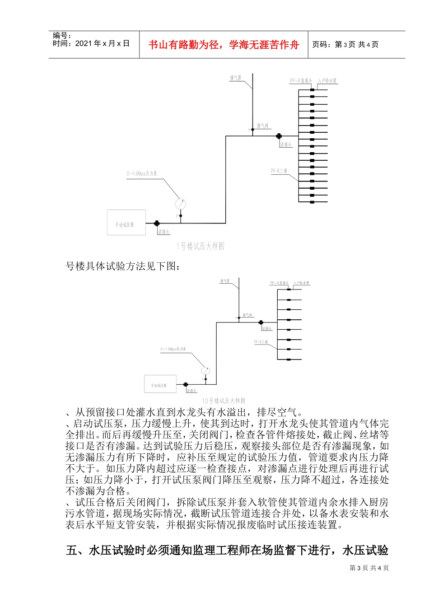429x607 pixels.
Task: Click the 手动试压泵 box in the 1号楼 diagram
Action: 126,223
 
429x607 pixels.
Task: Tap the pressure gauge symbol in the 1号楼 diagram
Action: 181,204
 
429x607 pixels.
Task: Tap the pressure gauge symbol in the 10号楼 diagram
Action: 205,371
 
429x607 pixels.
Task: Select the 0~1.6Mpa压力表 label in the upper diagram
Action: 142,173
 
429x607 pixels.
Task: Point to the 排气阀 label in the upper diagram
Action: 263,126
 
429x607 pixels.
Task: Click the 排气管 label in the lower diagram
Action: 225,281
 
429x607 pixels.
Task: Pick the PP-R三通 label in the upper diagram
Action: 279,171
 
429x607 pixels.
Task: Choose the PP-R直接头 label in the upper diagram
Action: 301,81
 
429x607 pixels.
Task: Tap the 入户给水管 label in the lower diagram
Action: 301,283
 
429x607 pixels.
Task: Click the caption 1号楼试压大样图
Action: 201,246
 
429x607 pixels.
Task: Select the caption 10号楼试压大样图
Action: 224,401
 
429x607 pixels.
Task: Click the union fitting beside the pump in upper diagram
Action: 157,223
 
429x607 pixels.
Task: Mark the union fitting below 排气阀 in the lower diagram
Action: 261,322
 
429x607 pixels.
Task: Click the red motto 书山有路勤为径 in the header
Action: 224,45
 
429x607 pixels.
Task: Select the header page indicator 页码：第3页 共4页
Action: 345,45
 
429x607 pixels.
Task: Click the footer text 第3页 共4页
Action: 369,568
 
